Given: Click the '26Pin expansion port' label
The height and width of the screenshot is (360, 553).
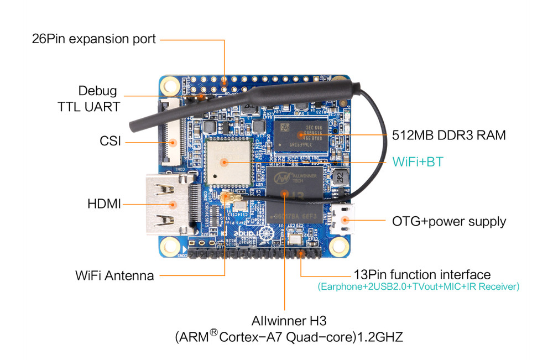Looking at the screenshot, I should [94, 39].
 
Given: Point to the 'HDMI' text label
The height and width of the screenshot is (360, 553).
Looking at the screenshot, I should [104, 204].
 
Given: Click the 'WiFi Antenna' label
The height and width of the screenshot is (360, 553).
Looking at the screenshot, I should [114, 275].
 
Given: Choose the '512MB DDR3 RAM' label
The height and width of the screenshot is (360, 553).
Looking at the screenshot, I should [448, 135].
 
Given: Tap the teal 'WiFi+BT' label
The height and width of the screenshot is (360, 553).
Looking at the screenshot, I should [418, 162].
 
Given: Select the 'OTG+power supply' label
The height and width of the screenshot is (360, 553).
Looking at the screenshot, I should [448, 221].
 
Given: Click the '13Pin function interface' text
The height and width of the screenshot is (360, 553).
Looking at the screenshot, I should [422, 274].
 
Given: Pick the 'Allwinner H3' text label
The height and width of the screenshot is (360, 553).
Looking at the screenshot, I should [285, 321].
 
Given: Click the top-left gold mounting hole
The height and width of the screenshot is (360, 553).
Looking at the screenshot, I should [171, 85].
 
